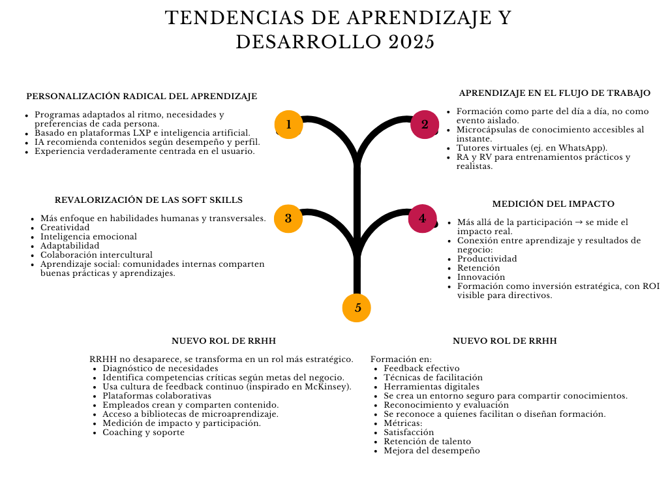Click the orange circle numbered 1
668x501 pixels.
point(289,125)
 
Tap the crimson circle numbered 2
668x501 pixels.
point(425,125)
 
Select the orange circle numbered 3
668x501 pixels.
point(288,219)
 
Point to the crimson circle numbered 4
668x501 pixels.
point(423,219)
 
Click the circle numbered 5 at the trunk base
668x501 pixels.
point(357,308)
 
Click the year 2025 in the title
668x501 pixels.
point(412,42)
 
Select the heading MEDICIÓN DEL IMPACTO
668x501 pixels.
point(553,204)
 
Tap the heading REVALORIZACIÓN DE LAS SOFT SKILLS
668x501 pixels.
point(149,200)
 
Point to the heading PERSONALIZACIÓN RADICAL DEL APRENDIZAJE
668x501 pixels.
point(142,97)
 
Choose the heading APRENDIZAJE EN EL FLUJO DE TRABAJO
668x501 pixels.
point(554,93)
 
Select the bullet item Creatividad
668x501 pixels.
point(65,228)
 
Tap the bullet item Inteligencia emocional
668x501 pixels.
point(89,237)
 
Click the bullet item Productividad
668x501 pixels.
point(487,259)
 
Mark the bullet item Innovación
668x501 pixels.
point(481,277)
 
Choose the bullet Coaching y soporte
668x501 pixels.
point(144,433)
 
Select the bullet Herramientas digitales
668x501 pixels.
point(432,387)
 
